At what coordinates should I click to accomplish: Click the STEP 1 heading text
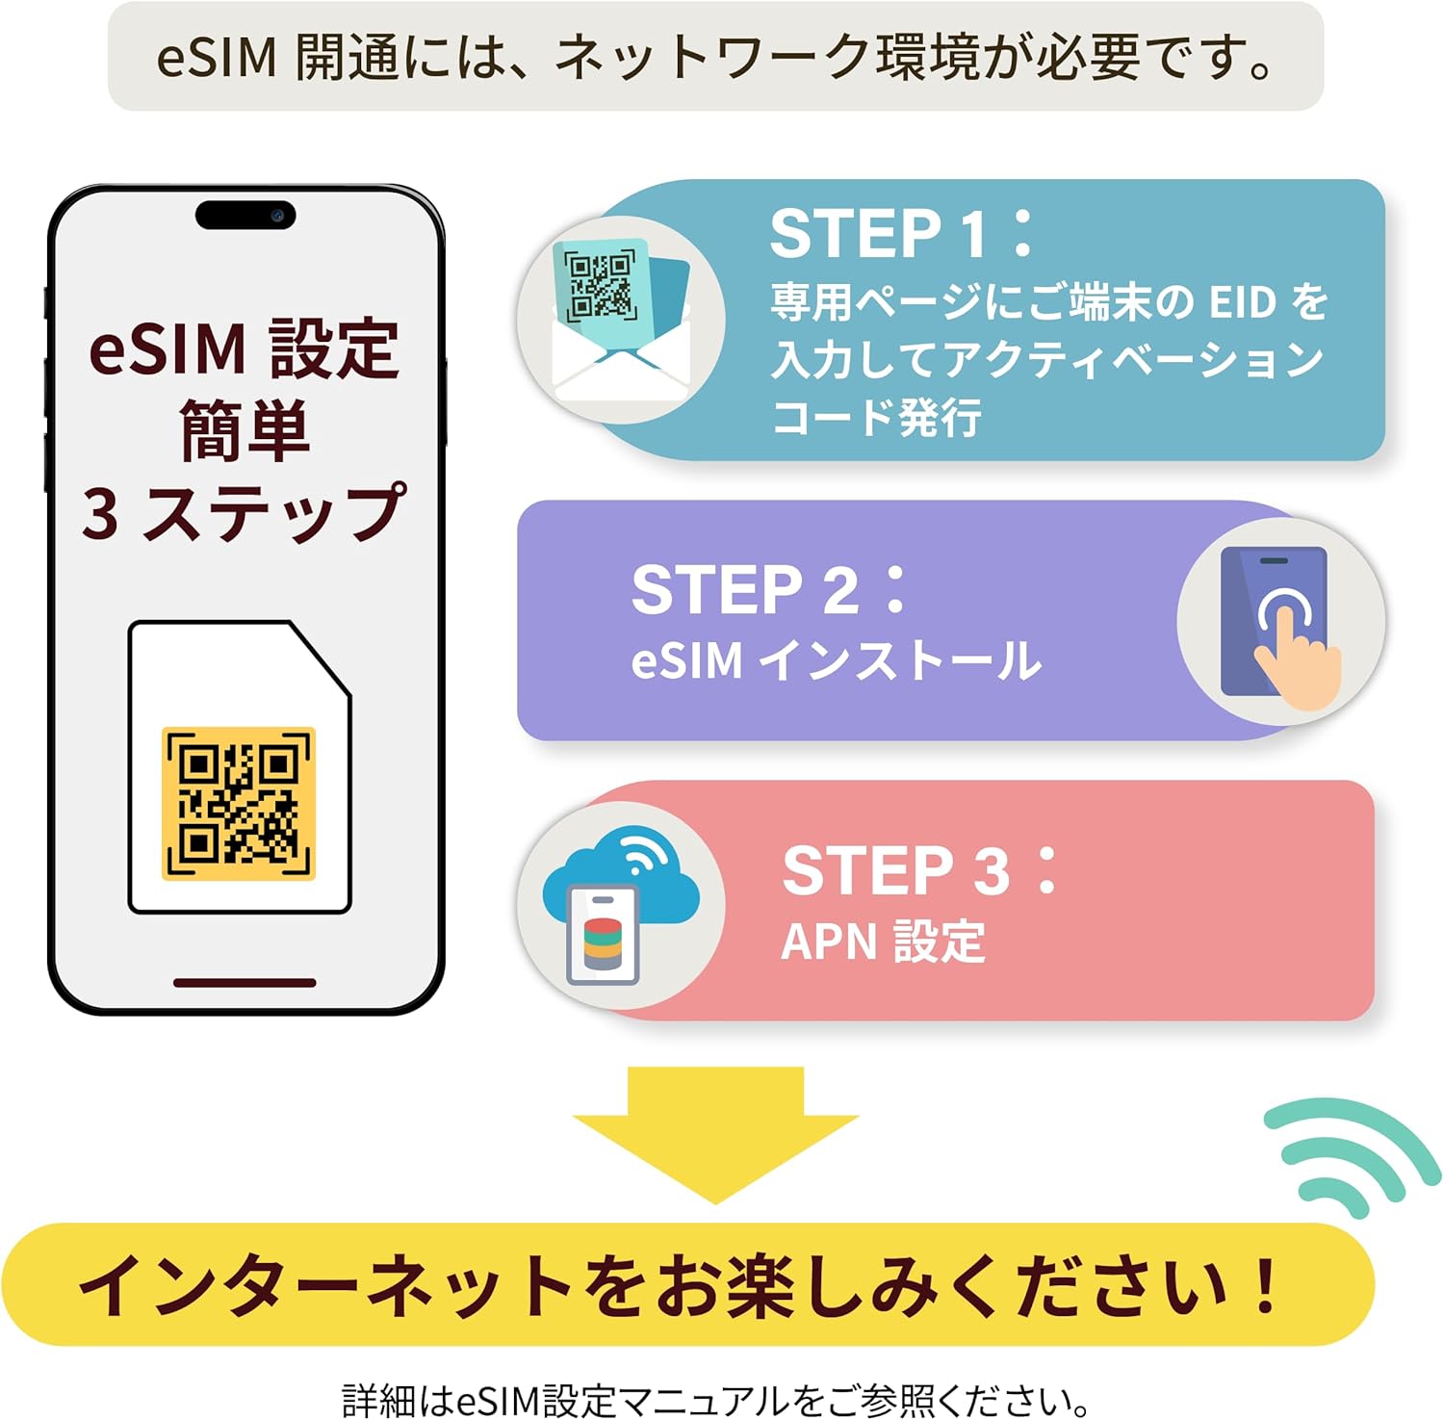(900, 234)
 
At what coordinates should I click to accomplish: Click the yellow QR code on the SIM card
(239, 804)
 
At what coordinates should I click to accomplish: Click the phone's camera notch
(245, 215)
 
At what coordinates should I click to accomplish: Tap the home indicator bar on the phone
(245, 983)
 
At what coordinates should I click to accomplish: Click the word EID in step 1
(1242, 302)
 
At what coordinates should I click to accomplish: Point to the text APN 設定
(883, 942)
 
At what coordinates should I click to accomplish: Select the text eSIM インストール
(836, 661)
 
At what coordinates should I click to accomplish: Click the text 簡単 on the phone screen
(245, 430)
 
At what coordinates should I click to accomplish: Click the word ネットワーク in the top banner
(712, 58)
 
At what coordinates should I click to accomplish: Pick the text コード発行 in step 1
(876, 418)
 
